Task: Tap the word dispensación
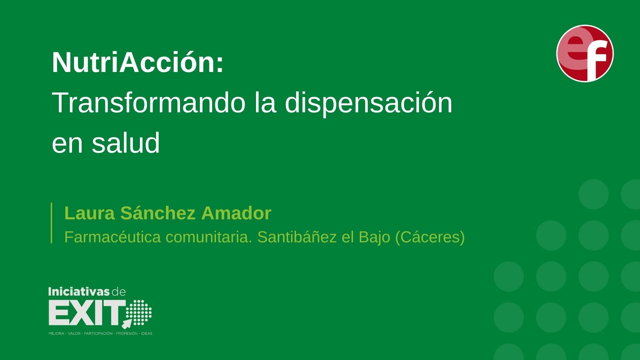coord(368,103)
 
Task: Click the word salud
coord(126,143)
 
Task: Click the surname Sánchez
coord(158,213)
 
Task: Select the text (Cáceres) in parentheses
coord(430,237)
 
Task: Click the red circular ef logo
coord(585,53)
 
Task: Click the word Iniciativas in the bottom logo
coord(79,292)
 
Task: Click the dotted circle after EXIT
coord(142,312)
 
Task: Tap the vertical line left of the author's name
coord(51,223)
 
